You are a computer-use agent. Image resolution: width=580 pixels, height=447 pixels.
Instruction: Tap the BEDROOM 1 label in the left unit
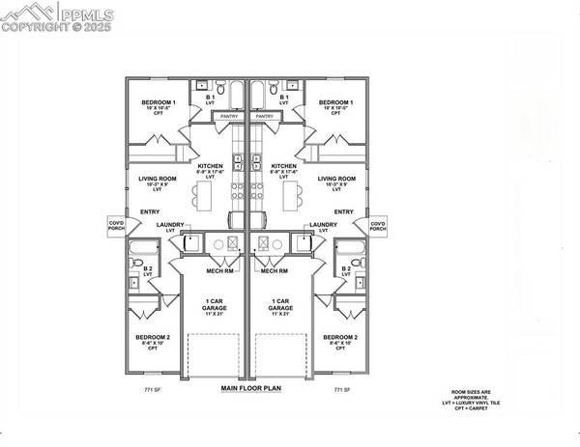[x=159, y=102]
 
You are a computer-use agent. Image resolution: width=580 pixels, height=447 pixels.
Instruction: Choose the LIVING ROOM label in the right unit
[x=337, y=180]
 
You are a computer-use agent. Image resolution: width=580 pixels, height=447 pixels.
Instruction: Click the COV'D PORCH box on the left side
[x=116, y=226]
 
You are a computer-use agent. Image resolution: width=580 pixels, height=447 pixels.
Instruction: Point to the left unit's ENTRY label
[x=150, y=211]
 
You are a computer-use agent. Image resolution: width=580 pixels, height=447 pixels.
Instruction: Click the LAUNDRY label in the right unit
[x=324, y=225]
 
